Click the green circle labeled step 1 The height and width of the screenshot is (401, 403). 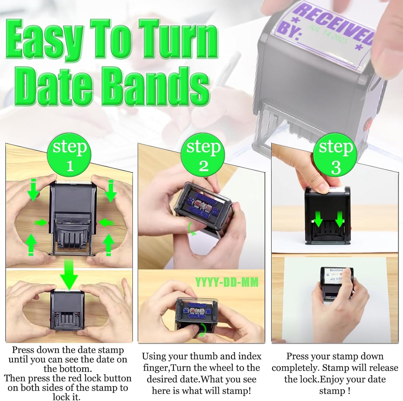(x=70, y=155)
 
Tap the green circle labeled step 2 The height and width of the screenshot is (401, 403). (x=203, y=155)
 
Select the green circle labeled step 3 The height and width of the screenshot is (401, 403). (x=336, y=155)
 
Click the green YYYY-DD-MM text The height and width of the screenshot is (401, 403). (x=227, y=282)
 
